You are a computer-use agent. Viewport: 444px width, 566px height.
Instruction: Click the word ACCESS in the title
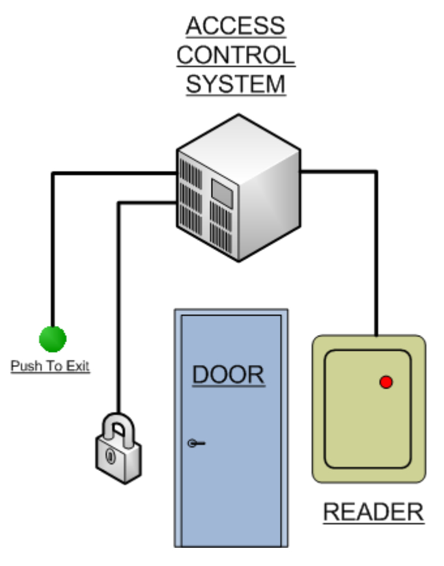click(x=235, y=27)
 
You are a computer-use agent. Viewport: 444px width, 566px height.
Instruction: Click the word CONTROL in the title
click(x=235, y=55)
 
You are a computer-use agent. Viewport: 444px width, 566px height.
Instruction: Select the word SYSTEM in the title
click(x=235, y=85)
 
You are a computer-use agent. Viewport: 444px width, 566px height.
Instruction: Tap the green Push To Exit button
click(x=53, y=338)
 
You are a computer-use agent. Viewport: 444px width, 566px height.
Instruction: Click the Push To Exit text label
click(x=50, y=366)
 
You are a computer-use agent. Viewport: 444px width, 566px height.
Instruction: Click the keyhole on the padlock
click(x=110, y=457)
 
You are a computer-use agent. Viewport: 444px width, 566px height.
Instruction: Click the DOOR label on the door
click(x=229, y=375)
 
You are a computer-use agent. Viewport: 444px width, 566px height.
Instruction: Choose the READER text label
click(x=373, y=512)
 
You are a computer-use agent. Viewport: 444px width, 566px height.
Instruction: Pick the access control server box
click(x=238, y=189)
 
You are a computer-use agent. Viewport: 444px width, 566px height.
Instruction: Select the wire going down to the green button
click(x=53, y=260)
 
